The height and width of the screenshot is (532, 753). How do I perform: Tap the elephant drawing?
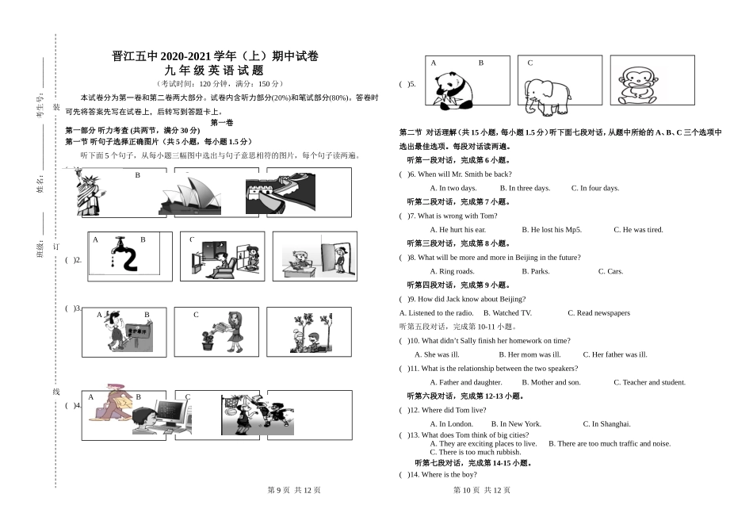[547, 95]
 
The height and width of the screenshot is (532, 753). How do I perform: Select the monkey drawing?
[638, 85]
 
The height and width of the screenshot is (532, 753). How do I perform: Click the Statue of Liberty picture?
[87, 193]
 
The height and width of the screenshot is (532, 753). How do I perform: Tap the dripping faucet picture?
[124, 254]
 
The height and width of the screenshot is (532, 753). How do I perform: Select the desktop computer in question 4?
[170, 415]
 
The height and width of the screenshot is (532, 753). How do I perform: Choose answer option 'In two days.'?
[453, 188]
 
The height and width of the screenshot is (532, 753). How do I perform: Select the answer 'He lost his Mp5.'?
[552, 230]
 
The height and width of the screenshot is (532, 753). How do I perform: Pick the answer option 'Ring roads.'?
[452, 271]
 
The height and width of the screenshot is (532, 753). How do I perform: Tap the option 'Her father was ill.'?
[615, 354]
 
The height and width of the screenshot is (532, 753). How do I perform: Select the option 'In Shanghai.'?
[606, 424]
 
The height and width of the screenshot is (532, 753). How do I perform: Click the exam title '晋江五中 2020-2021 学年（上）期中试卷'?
[216, 56]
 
